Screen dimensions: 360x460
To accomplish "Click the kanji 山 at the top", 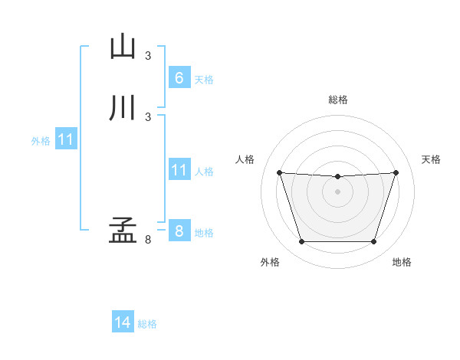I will pyautogui.click(x=123, y=47).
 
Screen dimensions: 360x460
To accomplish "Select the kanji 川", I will pyautogui.click(x=123, y=108).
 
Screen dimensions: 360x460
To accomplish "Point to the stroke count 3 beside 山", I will pyautogui.click(x=148, y=55).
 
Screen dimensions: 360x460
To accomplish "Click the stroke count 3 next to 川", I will pyautogui.click(x=148, y=116).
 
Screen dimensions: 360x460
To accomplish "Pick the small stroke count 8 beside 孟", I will pyautogui.click(x=148, y=240).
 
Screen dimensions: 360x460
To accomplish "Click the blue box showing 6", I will pyautogui.click(x=179, y=77).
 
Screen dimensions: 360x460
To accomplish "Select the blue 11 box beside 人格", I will pyautogui.click(x=179, y=170).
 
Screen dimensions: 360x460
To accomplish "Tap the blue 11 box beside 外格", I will pyautogui.click(x=66, y=140).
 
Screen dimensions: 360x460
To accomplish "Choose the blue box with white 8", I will pyautogui.click(x=179, y=231).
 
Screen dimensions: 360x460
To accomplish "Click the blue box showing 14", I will pyautogui.click(x=123, y=322).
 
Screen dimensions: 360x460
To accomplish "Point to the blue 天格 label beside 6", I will pyautogui.click(x=204, y=79).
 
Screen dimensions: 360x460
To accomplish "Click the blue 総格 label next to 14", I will pyautogui.click(x=147, y=324).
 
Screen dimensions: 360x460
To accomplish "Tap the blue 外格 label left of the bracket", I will pyautogui.click(x=41, y=141).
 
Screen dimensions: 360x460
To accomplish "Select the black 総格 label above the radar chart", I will pyautogui.click(x=337, y=100).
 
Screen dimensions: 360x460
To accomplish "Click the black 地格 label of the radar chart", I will pyautogui.click(x=402, y=263).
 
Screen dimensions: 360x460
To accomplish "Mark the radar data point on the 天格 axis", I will pyautogui.click(x=396, y=172).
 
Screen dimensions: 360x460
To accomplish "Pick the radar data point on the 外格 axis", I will pyautogui.click(x=301, y=242).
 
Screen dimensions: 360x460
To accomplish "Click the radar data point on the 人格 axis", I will pyautogui.click(x=279, y=173).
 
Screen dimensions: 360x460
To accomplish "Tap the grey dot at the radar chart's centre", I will pyautogui.click(x=337, y=191).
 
